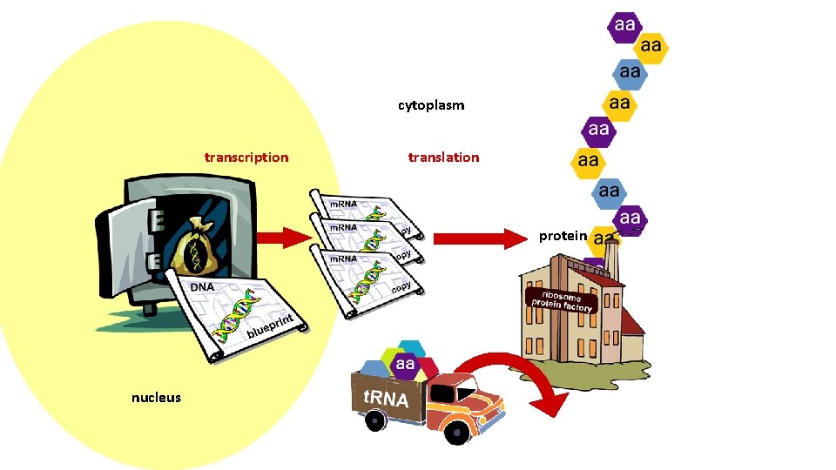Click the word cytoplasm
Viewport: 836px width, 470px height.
pos(431,105)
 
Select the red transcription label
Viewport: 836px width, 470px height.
pos(246,158)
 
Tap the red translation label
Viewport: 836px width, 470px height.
pos(443,158)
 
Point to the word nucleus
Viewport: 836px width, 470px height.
pos(156,398)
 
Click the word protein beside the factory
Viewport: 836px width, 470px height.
pos(563,236)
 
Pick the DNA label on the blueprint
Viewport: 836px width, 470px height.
pos(202,287)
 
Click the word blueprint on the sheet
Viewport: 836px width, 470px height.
pos(271,326)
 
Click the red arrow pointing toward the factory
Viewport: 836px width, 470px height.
pos(475,238)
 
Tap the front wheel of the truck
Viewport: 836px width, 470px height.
pos(455,431)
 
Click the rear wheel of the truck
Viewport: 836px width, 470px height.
pos(375,420)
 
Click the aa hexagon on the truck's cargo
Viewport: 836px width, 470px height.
pos(405,364)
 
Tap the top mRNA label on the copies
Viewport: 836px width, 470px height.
pos(341,204)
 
